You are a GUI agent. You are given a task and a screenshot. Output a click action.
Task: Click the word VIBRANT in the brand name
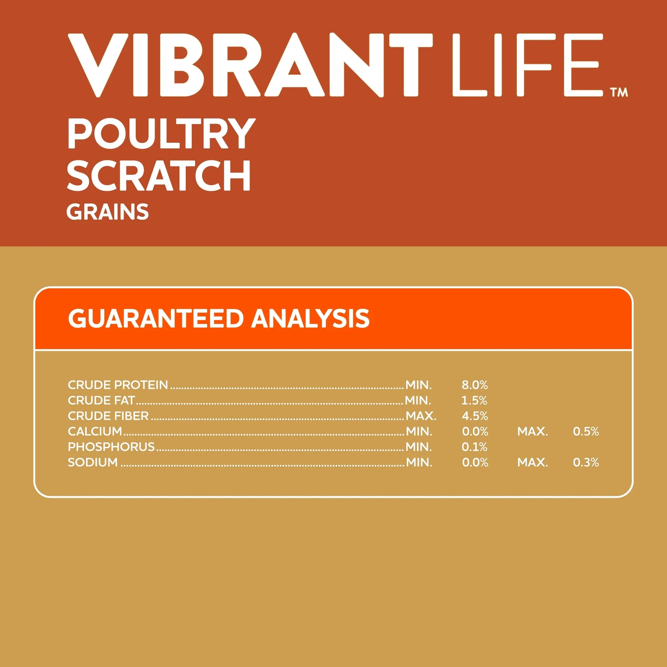(250, 65)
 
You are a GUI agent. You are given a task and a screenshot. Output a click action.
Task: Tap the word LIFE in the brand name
(527, 65)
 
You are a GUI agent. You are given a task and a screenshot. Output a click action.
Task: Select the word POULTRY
(161, 134)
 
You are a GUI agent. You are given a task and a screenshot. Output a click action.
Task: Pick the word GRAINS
(108, 211)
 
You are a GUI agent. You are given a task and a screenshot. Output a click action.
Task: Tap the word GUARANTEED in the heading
(156, 318)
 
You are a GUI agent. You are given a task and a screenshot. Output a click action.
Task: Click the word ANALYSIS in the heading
(311, 318)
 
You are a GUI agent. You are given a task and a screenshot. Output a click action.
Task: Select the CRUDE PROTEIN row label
(118, 385)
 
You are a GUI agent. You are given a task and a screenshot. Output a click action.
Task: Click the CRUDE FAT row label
(101, 400)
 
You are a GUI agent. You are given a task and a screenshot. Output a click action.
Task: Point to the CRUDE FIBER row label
(108, 416)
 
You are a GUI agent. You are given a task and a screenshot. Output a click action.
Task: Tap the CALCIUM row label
(95, 431)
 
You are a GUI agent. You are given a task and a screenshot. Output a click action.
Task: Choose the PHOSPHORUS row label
(111, 447)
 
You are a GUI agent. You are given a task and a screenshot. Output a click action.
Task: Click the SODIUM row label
(93, 462)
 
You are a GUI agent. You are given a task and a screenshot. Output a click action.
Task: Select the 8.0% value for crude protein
(475, 385)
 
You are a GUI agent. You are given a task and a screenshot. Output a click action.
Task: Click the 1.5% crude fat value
(474, 400)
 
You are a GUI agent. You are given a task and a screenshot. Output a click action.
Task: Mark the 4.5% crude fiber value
(475, 416)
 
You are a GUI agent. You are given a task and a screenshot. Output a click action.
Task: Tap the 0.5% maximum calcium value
(586, 432)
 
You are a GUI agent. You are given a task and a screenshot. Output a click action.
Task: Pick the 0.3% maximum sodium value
(586, 462)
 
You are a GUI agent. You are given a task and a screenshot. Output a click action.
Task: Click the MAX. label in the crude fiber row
(421, 416)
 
